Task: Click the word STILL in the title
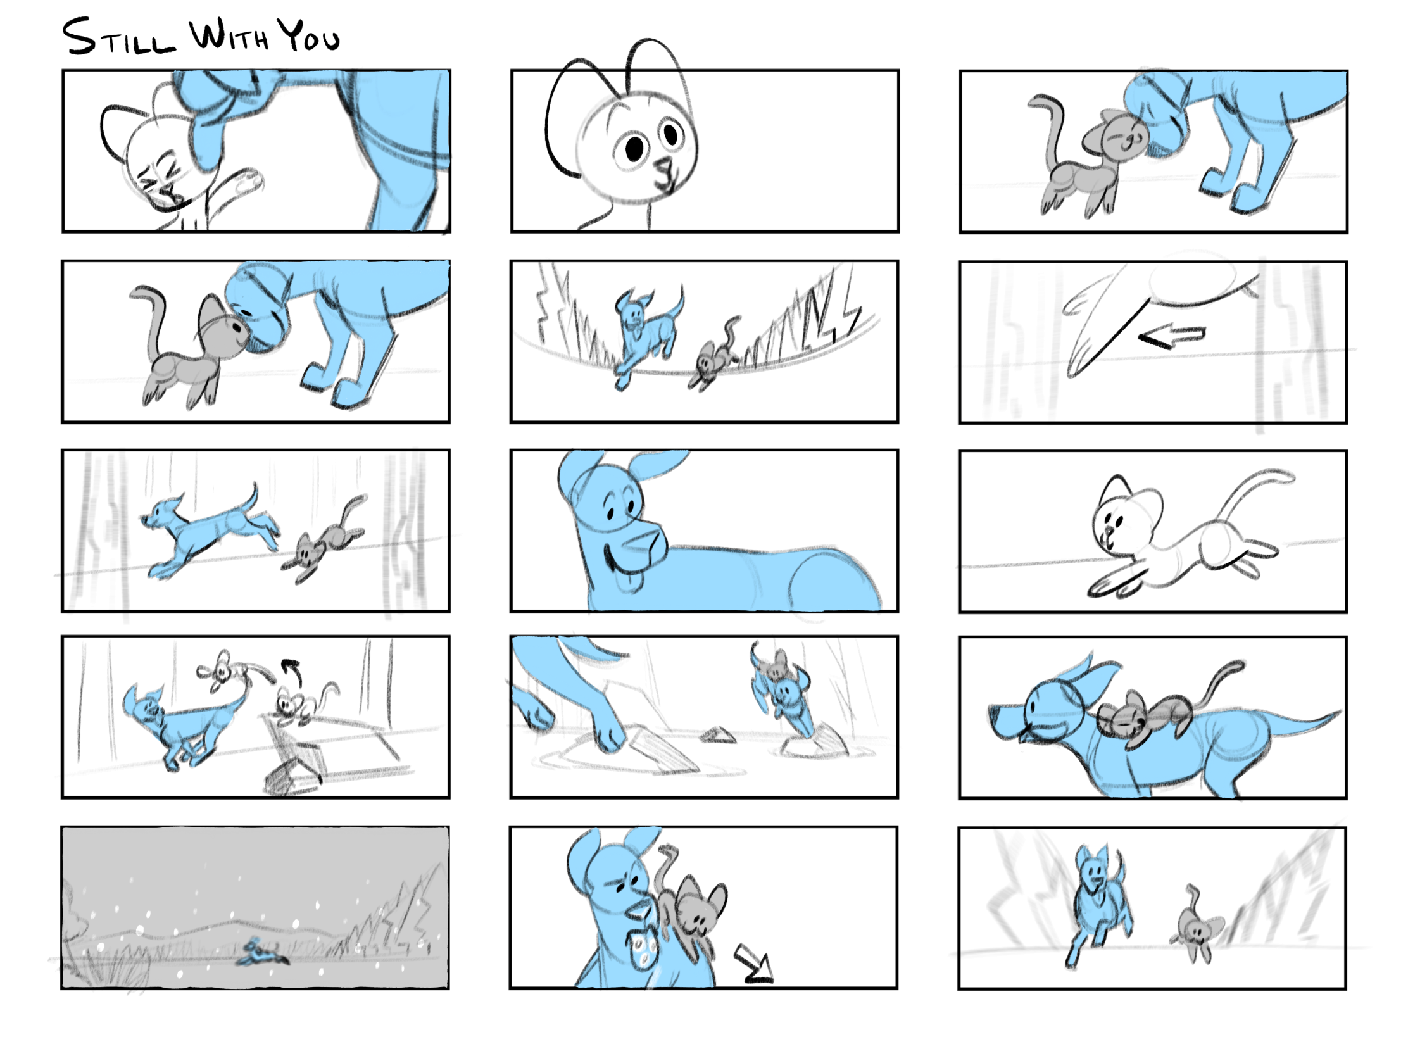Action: point(118,37)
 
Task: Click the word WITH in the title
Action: point(229,35)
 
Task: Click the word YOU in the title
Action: point(311,36)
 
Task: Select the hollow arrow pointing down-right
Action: point(755,965)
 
